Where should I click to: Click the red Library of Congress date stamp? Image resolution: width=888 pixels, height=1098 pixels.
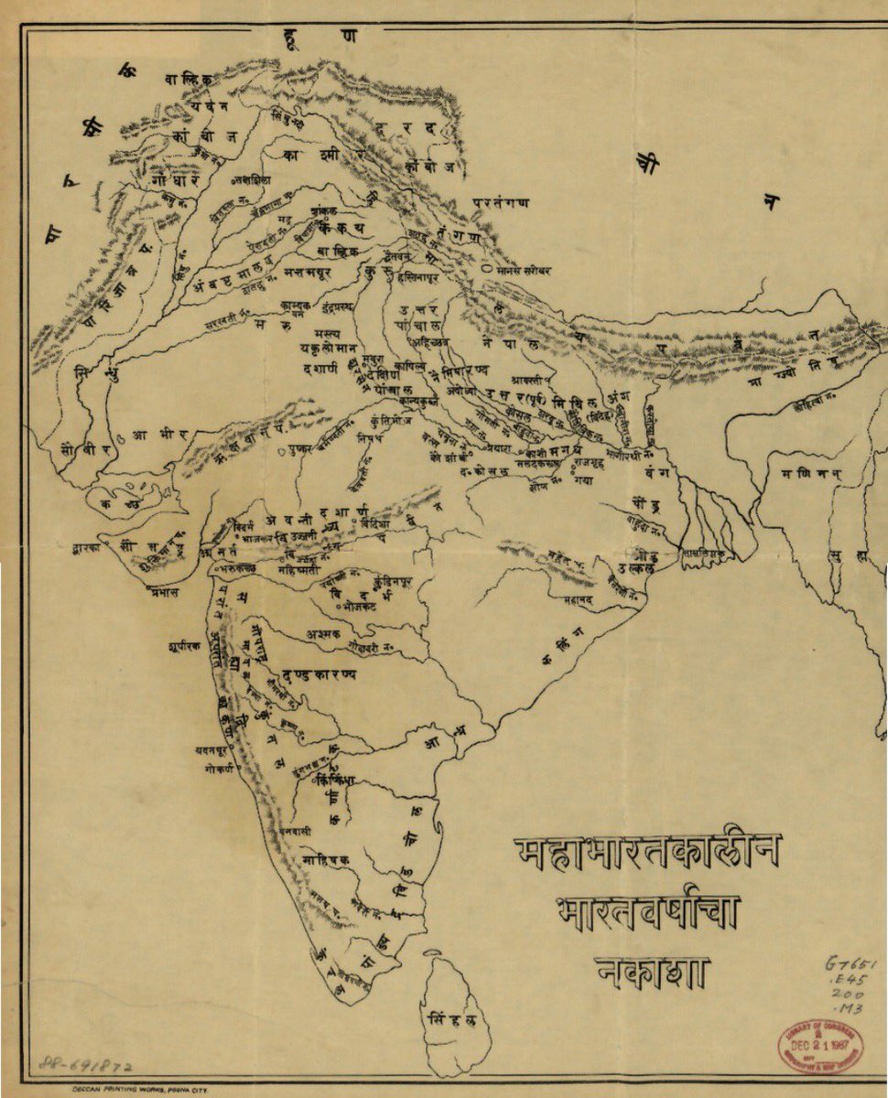pyautogui.click(x=821, y=1042)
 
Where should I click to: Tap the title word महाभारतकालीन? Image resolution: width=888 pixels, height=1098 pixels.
pyautogui.click(x=647, y=853)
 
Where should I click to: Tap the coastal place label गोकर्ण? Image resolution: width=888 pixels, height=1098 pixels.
pyautogui.click(x=221, y=770)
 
